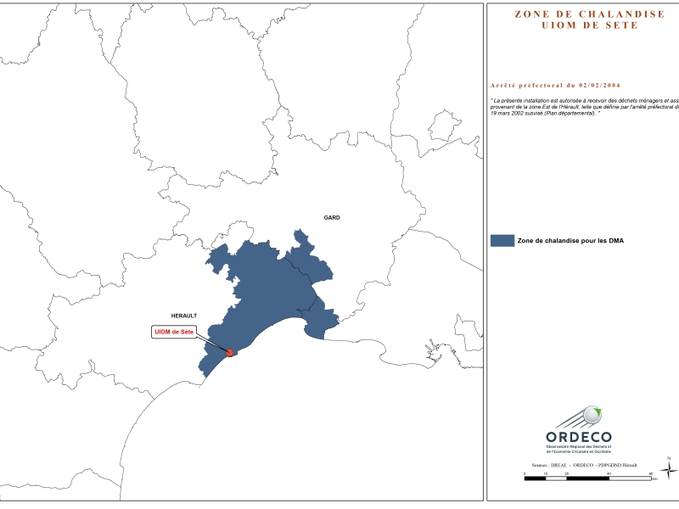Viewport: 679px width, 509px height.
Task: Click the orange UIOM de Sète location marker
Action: point(229,352)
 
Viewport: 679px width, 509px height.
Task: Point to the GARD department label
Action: point(332,218)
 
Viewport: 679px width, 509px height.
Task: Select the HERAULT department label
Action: point(183,314)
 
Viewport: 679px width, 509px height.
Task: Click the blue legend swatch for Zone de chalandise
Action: point(502,241)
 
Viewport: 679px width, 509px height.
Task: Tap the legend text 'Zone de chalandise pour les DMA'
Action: point(570,242)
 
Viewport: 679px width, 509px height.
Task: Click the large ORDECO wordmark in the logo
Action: point(579,436)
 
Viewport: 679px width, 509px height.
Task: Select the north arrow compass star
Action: point(669,470)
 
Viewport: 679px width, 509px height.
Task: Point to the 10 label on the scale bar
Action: point(546,473)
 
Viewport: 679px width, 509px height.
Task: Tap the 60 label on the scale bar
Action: point(650,473)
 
